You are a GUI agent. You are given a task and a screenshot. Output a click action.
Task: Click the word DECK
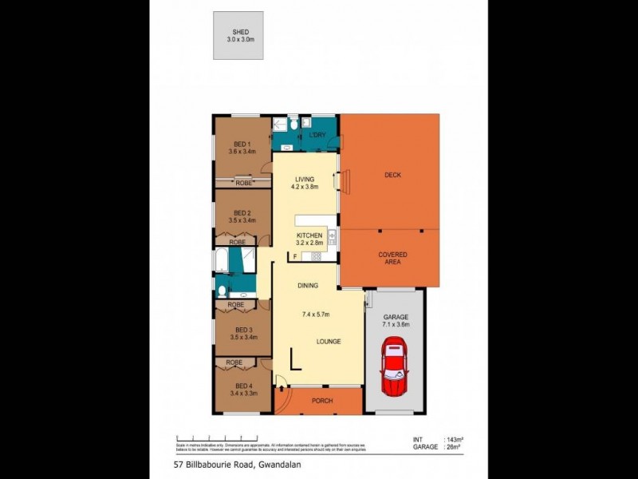pyautogui.click(x=392, y=175)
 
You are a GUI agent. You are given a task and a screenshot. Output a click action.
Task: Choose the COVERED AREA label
pyautogui.click(x=392, y=259)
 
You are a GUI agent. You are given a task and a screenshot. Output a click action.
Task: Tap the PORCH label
pyautogui.click(x=322, y=401)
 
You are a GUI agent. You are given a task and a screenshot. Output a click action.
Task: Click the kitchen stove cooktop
pyautogui.click(x=316, y=256)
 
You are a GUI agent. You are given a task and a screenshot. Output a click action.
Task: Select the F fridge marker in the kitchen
pyautogui.click(x=296, y=256)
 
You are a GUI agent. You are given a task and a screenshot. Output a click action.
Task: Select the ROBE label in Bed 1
pyautogui.click(x=243, y=184)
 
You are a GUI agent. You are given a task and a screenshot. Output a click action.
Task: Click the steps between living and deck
pyautogui.click(x=337, y=183)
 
